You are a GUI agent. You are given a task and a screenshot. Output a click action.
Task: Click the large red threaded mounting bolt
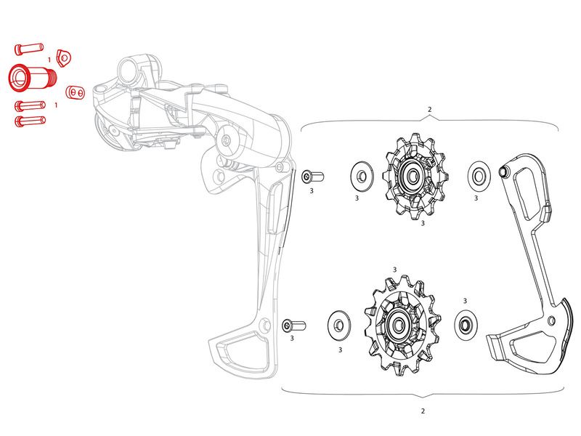coord(32,77)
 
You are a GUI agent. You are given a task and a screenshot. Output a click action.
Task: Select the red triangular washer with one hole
coord(63,58)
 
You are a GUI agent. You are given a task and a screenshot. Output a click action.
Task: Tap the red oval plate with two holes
coord(76,92)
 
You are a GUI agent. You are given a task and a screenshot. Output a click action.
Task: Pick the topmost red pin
coord(29,49)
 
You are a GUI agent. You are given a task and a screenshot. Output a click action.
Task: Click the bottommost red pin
coord(30,121)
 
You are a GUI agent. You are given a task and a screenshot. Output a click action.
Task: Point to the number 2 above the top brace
coord(430,110)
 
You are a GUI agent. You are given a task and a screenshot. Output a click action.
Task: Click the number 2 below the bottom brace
coord(423,411)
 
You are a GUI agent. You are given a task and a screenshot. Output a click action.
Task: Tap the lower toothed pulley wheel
coord(402,325)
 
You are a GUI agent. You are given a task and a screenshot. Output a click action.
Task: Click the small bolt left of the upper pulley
coord(313,177)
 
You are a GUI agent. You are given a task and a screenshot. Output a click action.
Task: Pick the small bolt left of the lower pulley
coord(293,326)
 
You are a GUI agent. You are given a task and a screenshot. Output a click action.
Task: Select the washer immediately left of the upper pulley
coord(362,176)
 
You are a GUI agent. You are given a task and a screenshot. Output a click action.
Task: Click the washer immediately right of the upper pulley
coord(479,175)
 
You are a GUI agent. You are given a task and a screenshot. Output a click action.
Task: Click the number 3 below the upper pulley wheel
coord(423,223)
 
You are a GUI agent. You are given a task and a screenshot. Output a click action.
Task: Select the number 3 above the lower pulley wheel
coord(395,270)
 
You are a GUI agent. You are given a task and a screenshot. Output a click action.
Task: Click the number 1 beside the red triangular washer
coord(49,60)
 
